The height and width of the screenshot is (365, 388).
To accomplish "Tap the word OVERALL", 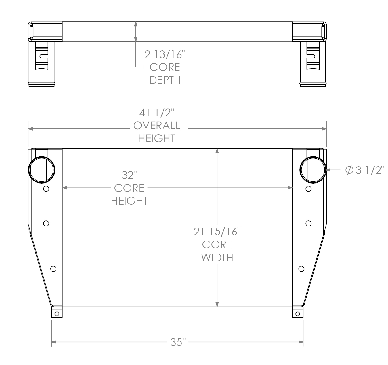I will pos(157,126).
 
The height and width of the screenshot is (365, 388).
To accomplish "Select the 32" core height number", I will pos(129,175).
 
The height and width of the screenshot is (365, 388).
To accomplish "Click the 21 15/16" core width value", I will pos(217,232).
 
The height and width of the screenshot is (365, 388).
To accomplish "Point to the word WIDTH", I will pos(217,257).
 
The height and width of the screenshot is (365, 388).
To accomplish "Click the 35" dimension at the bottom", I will pos(178,342).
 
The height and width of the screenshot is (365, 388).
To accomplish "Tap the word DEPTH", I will pos(165,80).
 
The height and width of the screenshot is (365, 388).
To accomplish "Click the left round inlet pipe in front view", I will pos(42,170).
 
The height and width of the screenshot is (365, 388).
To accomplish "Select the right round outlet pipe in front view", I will pos(313,170).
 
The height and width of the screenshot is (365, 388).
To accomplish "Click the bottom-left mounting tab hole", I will pos(57,314).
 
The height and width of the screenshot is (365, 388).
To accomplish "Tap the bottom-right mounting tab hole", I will pos(297,314).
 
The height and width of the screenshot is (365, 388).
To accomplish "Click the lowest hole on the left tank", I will pos(53,269).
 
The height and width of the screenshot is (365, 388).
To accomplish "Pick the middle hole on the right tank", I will pos(309,223).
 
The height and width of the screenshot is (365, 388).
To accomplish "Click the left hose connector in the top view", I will pos(41,63).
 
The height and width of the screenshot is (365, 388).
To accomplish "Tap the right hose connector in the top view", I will pos(313,63).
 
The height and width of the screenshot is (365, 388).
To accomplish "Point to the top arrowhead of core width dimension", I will pos(217,151).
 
